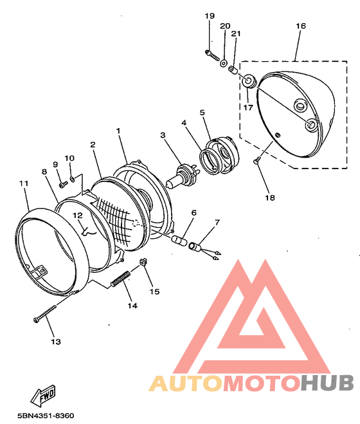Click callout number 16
[301, 26]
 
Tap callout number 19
[210, 16]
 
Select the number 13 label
[56, 342]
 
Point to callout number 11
[24, 183]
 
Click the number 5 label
[203, 112]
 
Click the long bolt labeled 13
[45, 314]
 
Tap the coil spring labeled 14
[121, 279]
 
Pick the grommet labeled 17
[248, 81]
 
